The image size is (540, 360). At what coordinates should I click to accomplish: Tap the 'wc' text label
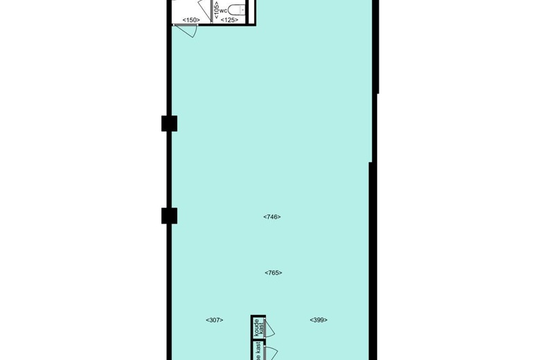pyautogui.click(x=224, y=10)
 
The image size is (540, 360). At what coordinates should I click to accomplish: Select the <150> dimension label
pyautogui.click(x=190, y=19)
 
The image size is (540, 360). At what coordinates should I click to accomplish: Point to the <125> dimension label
pyautogui.click(x=229, y=19)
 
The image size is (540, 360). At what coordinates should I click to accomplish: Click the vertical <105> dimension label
pyautogui.click(x=216, y=9)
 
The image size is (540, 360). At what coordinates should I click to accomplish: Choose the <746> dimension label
pyautogui.click(x=272, y=217)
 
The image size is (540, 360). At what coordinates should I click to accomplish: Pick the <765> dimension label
pyautogui.click(x=273, y=273)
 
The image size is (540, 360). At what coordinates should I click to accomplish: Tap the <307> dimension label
pyautogui.click(x=215, y=320)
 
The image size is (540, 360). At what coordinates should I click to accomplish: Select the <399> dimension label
pyautogui.click(x=318, y=320)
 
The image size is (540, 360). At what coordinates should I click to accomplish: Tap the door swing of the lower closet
pyautogui.click(x=270, y=352)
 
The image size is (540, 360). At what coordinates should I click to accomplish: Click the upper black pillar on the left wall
pyautogui.click(x=169, y=123)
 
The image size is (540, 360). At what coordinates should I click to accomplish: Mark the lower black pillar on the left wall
pyautogui.click(x=169, y=215)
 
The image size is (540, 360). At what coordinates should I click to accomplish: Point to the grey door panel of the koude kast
pyautogui.click(x=264, y=328)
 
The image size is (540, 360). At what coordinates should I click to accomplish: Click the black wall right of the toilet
pyautogui.click(x=253, y=10)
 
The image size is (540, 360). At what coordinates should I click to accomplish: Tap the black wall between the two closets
pyautogui.click(x=258, y=339)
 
